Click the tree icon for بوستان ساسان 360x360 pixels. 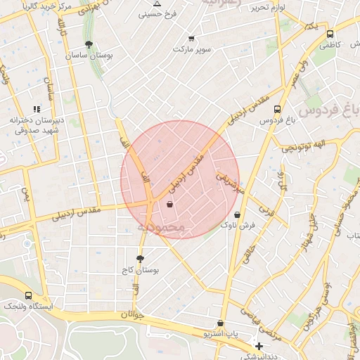[88, 44]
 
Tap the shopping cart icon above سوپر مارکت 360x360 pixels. [191, 39]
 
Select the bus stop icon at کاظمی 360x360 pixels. [330, 33]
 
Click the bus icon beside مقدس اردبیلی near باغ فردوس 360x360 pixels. [277, 110]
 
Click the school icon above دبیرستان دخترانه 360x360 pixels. [37, 109]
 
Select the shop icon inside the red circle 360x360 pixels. [169, 204]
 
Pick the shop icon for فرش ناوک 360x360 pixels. [237, 214]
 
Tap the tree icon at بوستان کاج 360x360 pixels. [140, 259]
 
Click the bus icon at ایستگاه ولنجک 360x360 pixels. [27, 295]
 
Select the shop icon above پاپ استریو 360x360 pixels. [221, 323]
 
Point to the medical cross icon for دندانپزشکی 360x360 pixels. [259, 346]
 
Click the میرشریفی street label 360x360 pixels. [231, 185]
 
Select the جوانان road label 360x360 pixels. [132, 316]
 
